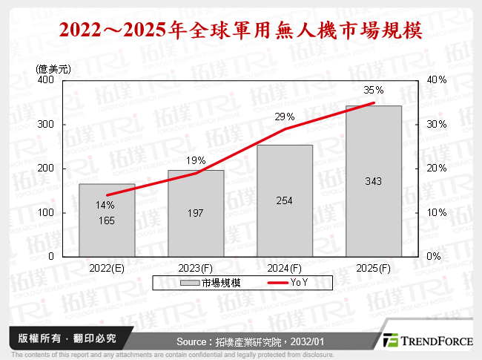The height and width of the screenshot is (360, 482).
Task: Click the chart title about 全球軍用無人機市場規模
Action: (241, 31)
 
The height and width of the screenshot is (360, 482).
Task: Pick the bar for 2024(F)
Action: (285, 200)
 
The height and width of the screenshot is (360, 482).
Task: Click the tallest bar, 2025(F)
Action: (373, 181)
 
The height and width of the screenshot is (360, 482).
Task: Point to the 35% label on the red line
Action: (373, 91)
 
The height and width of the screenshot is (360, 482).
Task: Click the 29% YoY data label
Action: (285, 117)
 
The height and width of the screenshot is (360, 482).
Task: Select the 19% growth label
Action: (196, 160)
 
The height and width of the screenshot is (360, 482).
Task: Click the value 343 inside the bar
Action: (373, 181)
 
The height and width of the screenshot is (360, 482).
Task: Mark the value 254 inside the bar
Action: (285, 200)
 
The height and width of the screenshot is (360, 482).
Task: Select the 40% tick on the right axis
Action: (437, 79)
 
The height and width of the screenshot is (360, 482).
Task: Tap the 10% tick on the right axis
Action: (437, 212)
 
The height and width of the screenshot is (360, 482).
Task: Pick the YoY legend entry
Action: (299, 283)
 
